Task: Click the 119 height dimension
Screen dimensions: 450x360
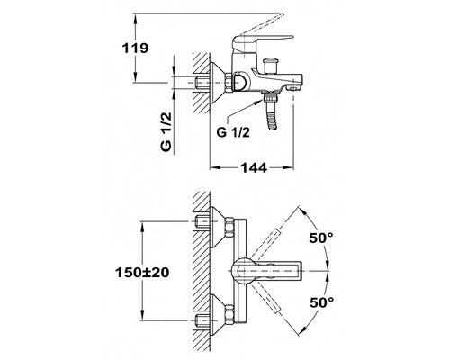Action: pyautogui.click(x=135, y=48)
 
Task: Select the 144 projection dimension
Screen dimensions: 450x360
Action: pyautogui.click(x=254, y=168)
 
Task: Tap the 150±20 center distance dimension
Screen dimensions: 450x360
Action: pyautogui.click(x=142, y=273)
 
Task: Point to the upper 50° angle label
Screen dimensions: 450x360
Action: pyautogui.click(x=321, y=238)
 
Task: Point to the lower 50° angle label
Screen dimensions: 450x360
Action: pyautogui.click(x=321, y=302)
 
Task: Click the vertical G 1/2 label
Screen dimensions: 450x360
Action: pyautogui.click(x=166, y=131)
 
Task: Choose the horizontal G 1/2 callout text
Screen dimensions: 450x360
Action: pyautogui.click(x=233, y=132)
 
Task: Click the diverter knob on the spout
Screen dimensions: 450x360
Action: pyautogui.click(x=269, y=66)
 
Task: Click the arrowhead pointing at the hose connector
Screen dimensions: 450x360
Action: pyautogui.click(x=258, y=102)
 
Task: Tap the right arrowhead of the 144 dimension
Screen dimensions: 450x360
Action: pyautogui.click(x=288, y=167)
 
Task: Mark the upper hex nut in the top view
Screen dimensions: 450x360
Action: pyautogui.click(x=229, y=228)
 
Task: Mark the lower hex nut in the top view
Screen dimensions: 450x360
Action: pyautogui.click(x=229, y=315)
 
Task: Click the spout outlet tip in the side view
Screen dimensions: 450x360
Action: pyautogui.click(x=294, y=87)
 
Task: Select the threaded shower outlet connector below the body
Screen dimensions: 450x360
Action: pyautogui.click(x=269, y=98)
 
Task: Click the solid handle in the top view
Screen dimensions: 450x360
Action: pyautogui.click(x=267, y=271)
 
